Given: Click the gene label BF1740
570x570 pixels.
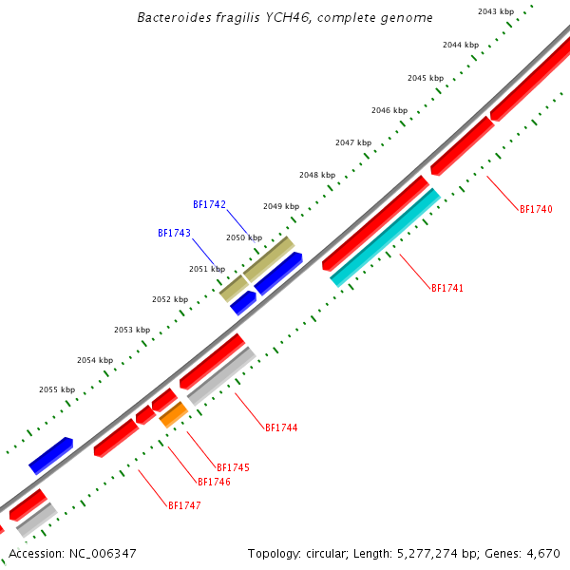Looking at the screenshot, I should coord(536,209).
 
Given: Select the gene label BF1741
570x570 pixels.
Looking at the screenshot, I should coord(447,288).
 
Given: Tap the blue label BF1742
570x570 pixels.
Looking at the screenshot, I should coord(209,204).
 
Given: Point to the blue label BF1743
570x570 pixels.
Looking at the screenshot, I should coord(174,233).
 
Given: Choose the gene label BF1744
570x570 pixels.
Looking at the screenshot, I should coord(281,428).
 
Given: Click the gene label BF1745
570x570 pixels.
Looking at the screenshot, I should coord(233,467).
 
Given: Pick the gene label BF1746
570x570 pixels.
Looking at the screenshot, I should coord(214,482).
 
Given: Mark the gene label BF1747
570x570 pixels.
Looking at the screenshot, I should coord(184,505).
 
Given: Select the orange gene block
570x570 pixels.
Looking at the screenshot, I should coord(173,414).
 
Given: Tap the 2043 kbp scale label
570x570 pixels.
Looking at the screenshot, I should coord(496,11).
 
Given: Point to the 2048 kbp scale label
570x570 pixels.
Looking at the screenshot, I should coord(316,175).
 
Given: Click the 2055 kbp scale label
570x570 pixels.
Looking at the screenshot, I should coord(56,389).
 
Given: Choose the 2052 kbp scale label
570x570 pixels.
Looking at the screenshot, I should coord(169,299).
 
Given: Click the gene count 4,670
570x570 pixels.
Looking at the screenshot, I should coord(544,553).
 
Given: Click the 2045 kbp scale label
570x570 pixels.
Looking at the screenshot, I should coord(425,78).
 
